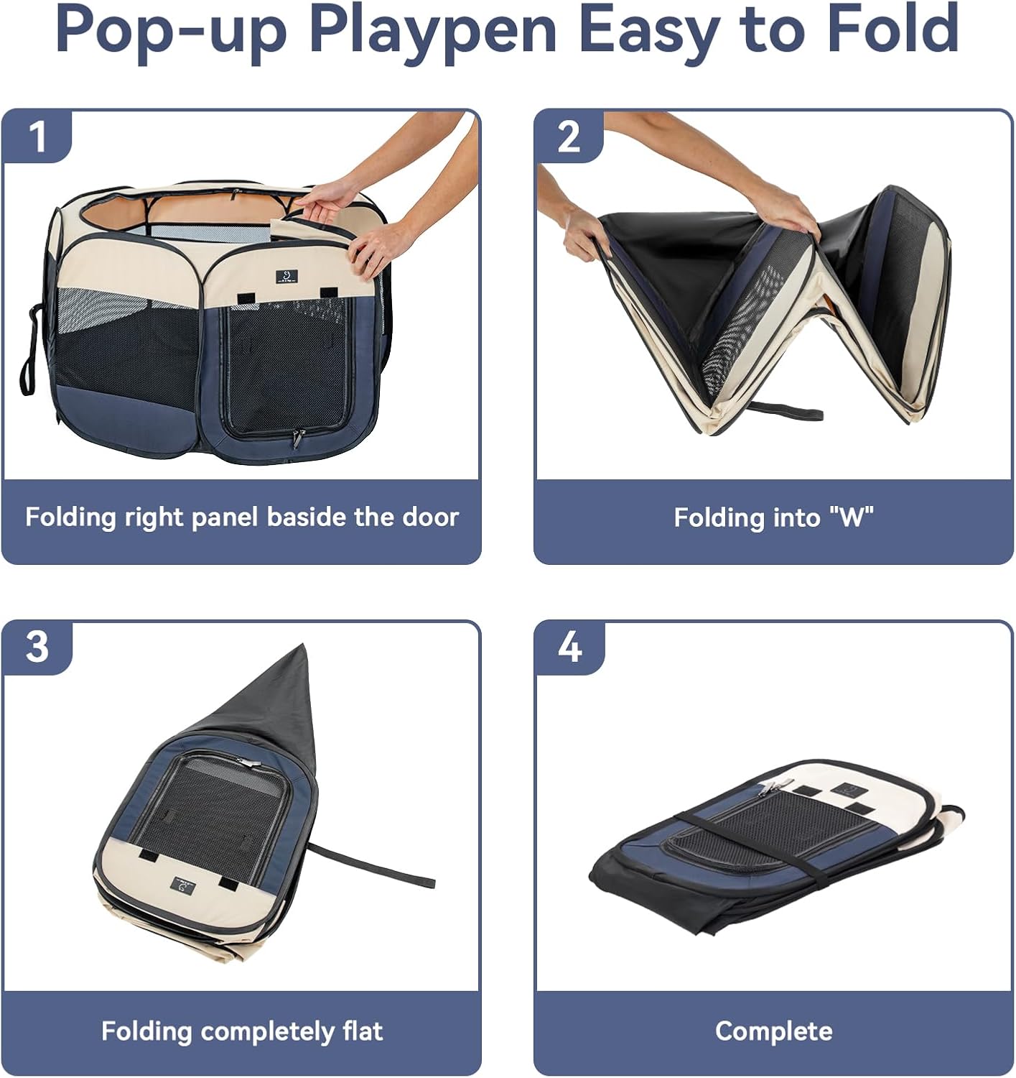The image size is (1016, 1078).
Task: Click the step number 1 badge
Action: tap(37, 136)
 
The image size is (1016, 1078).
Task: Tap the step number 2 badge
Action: tap(569, 136)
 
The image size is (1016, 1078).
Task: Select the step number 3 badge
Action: tap(37, 647)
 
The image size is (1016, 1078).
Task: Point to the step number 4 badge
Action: tap(569, 648)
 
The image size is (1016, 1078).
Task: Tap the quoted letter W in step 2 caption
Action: tap(851, 517)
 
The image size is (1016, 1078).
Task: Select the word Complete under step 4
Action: tap(773, 1031)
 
